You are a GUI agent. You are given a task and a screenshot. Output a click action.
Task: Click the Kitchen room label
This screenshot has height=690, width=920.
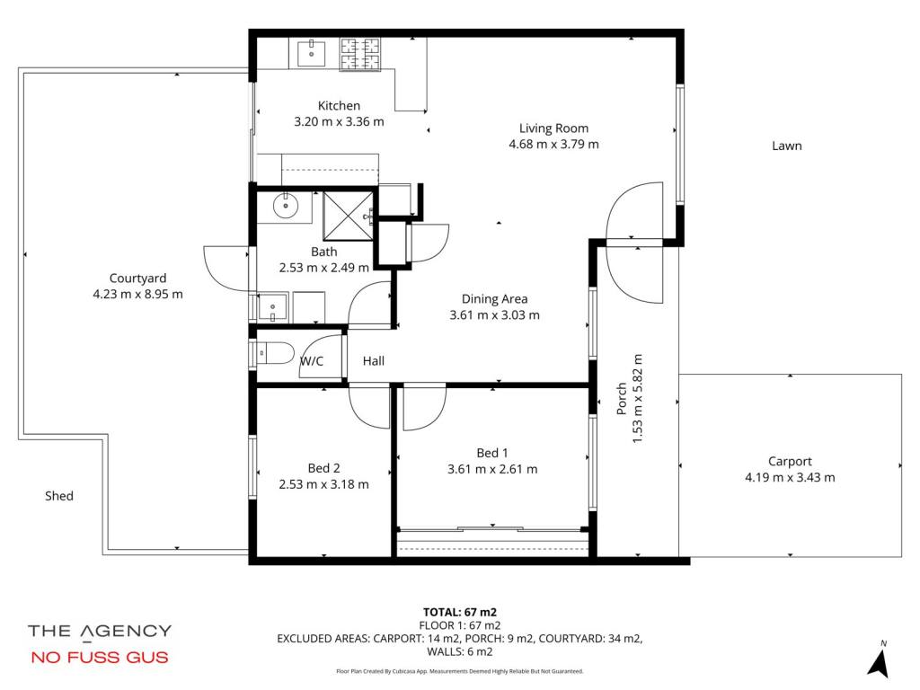tap(339, 106)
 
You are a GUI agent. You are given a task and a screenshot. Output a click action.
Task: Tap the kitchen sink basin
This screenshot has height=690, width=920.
tap(311, 53)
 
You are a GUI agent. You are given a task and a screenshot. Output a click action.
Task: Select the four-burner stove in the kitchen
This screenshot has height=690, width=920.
tap(360, 54)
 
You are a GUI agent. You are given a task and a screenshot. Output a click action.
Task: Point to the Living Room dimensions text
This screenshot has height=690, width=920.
tap(553, 145)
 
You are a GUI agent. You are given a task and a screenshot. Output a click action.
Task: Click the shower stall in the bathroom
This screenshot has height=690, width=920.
tap(348, 216)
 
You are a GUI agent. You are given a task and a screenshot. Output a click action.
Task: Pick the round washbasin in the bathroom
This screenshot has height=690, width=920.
tap(286, 206)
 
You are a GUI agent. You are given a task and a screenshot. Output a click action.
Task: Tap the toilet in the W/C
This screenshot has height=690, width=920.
tap(275, 353)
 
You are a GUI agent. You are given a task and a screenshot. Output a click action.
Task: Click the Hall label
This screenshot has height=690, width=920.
tap(373, 361)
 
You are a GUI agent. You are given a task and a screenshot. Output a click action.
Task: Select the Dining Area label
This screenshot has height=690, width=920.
tap(494, 298)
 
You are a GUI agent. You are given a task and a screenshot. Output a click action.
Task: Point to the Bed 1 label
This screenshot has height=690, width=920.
tap(491, 453)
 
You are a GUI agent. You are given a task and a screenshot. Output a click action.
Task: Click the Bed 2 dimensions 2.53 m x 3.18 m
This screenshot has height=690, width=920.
tap(323, 484)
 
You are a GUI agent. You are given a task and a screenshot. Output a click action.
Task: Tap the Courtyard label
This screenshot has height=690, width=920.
tap(137, 279)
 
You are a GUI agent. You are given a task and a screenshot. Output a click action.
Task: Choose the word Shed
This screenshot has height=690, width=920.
tap(59, 496)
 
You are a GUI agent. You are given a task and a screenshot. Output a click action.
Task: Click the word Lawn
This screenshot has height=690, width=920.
tap(786, 146)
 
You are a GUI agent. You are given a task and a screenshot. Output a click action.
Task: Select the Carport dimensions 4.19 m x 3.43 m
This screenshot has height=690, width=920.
tap(790, 478)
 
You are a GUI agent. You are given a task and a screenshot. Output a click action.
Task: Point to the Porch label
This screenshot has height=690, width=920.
tap(622, 398)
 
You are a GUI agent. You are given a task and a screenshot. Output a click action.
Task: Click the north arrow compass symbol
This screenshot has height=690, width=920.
tap(879, 660)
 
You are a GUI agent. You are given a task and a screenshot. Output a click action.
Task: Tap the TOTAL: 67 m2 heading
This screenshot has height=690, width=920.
tap(459, 613)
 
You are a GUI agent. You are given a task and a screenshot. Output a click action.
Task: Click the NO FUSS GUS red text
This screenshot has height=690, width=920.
tap(100, 657)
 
